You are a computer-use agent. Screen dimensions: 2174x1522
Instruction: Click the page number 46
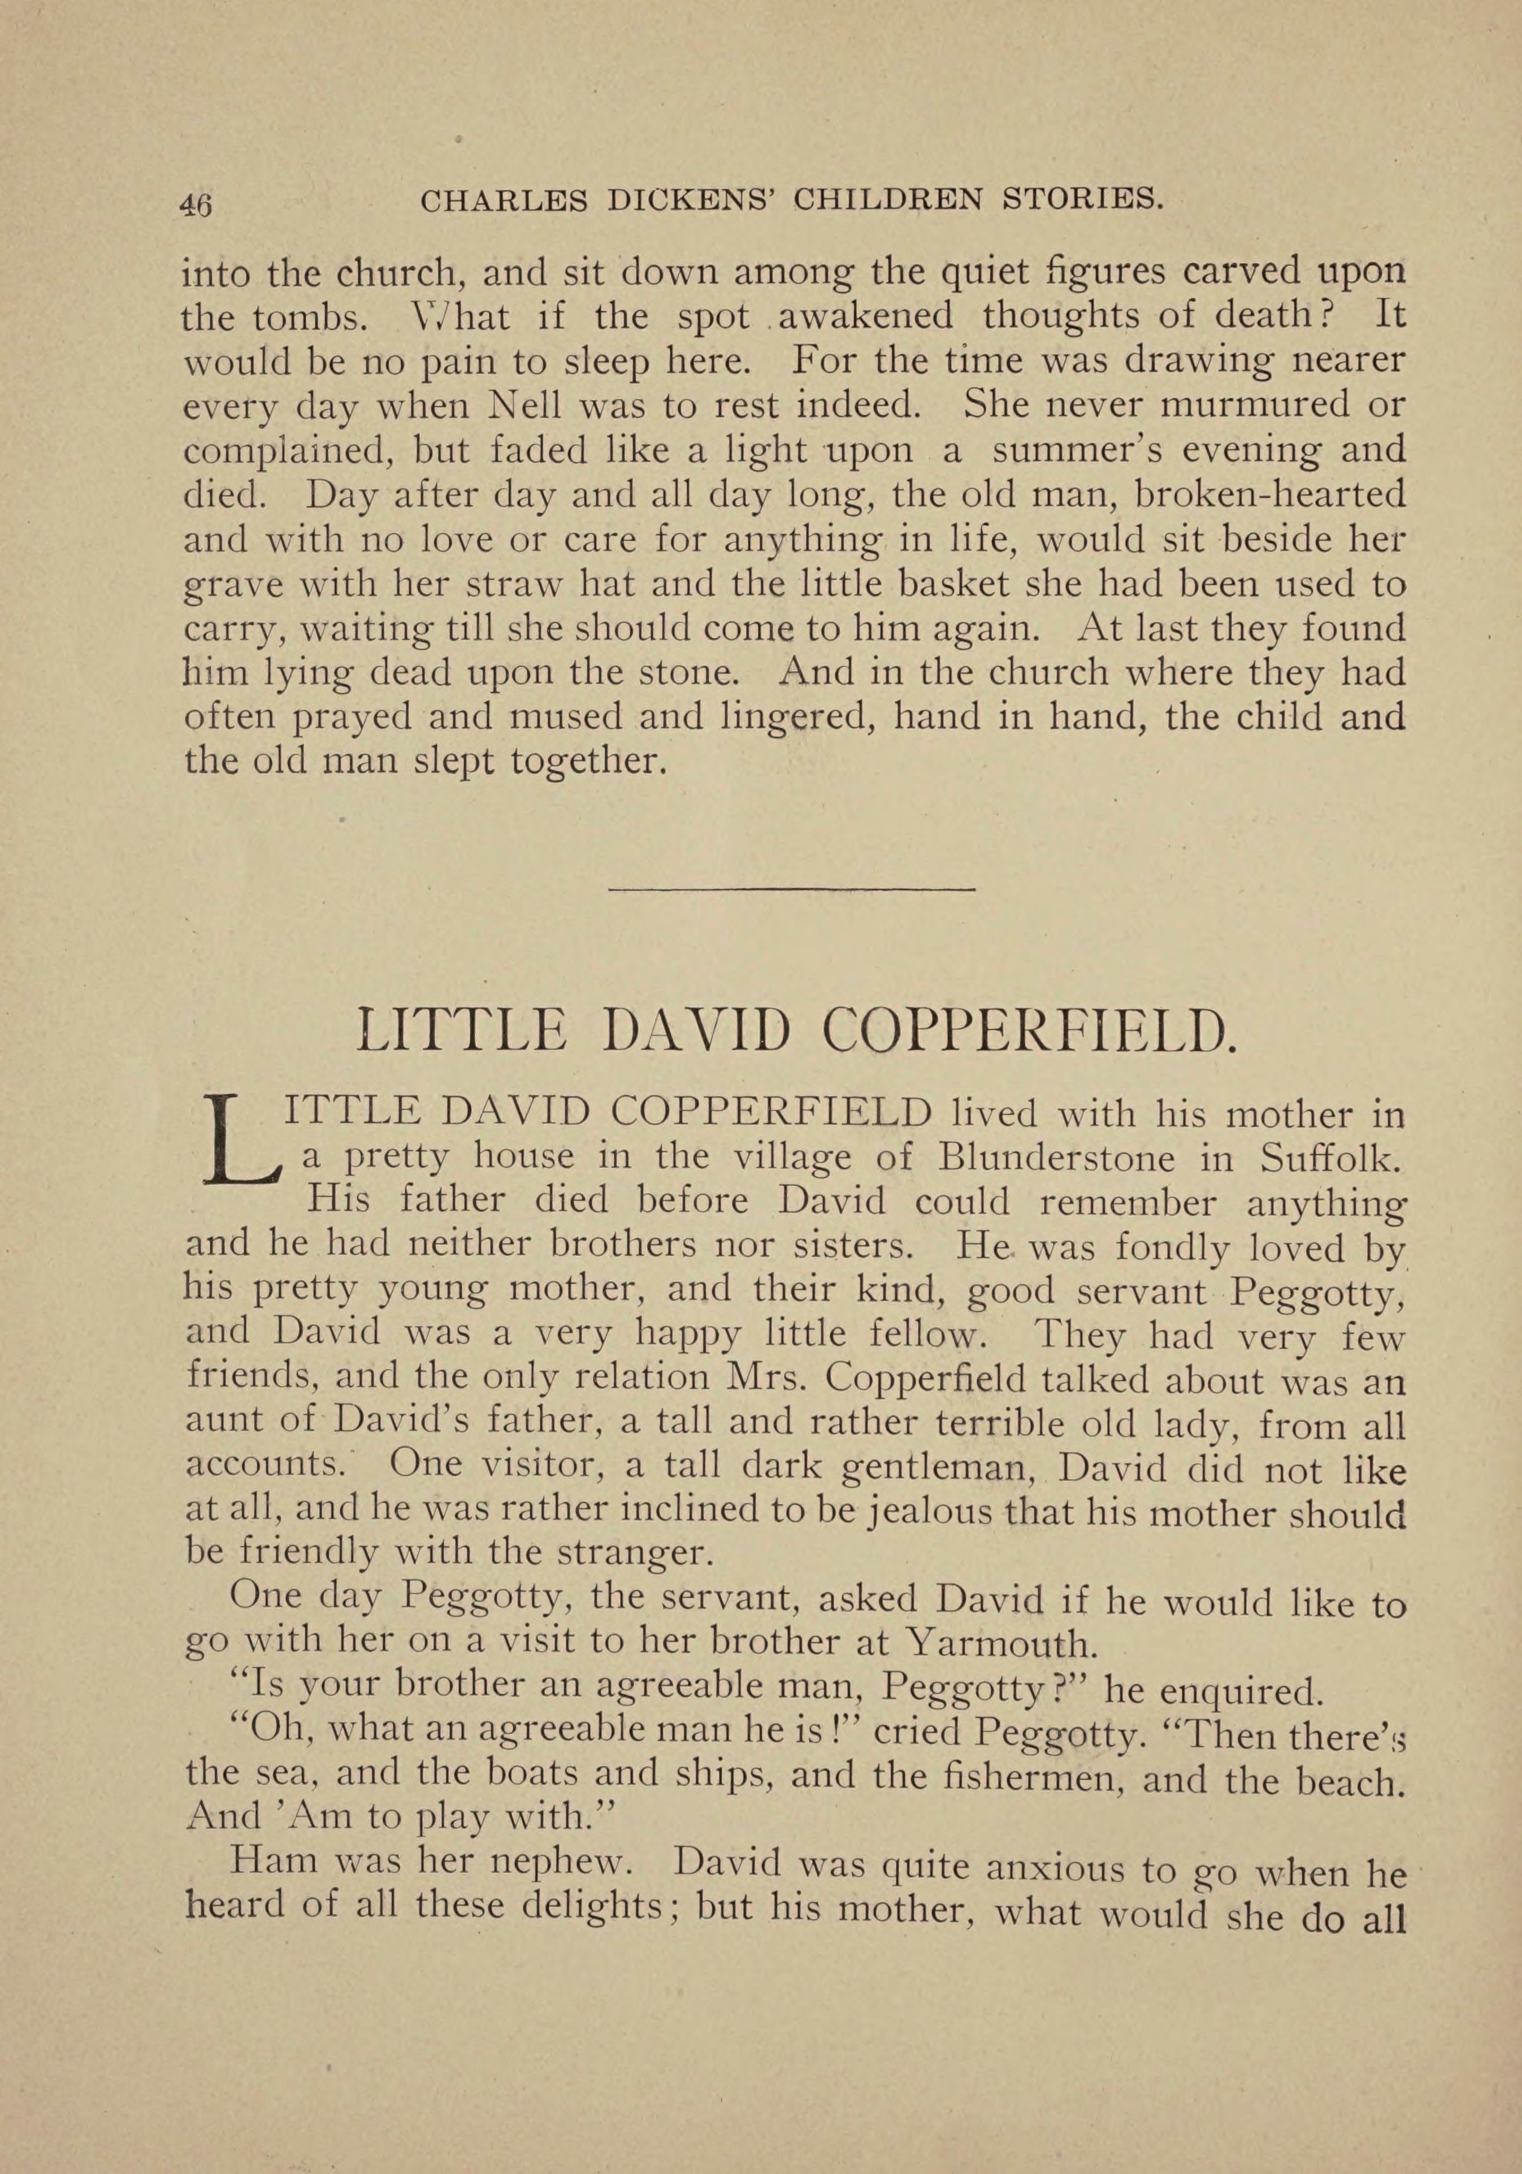[196, 203]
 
